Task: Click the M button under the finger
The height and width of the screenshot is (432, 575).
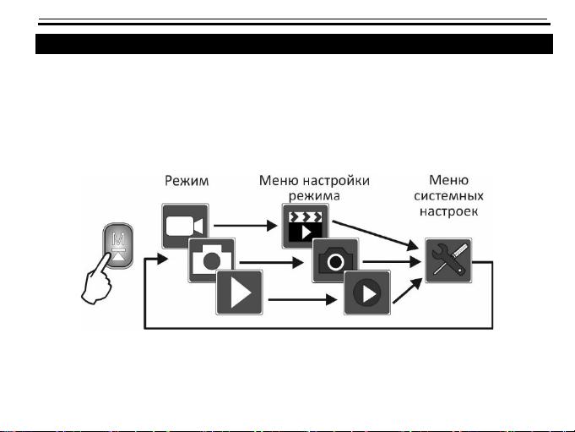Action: [x=118, y=245]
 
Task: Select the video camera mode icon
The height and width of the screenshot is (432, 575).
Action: [x=185, y=226]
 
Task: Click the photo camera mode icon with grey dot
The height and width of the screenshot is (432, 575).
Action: [x=212, y=260]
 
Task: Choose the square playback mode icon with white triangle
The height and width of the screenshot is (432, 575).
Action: [x=240, y=293]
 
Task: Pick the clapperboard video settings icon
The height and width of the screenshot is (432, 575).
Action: [x=305, y=226]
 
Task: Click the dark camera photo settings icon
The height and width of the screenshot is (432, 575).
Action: [x=335, y=260]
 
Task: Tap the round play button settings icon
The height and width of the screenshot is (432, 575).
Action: [x=367, y=293]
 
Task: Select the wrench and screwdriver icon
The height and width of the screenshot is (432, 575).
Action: [x=448, y=260]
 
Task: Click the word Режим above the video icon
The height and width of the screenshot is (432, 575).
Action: [x=187, y=181]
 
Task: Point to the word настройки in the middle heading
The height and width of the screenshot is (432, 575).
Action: [x=337, y=181]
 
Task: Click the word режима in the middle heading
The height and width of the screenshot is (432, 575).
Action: [x=314, y=196]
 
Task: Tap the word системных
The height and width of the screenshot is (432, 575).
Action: [x=448, y=196]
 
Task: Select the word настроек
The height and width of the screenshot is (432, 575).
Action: [x=449, y=212]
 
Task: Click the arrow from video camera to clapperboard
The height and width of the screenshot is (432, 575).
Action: [x=246, y=226]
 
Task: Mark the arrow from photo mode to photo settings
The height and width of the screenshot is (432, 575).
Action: [x=271, y=262]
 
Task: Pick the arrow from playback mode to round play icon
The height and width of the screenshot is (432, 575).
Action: [x=302, y=300]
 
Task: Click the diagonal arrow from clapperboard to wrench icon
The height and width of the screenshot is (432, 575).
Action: [x=376, y=236]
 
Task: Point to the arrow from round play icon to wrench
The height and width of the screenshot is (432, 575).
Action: [x=408, y=290]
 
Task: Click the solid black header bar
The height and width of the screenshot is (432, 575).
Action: [x=294, y=44]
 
